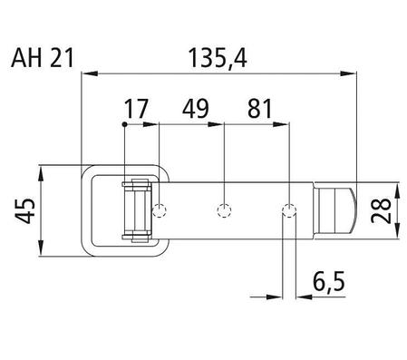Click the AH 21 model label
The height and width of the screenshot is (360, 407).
(x=43, y=58)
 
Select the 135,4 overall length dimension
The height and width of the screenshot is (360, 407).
(x=218, y=58)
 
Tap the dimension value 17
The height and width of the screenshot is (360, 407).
(x=136, y=109)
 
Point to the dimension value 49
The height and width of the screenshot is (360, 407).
(x=196, y=108)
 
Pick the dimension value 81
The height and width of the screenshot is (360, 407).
(x=260, y=108)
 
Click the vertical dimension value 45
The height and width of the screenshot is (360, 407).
(x=25, y=210)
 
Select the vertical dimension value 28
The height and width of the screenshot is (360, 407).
(x=382, y=210)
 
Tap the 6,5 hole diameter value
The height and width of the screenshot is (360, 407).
(x=329, y=281)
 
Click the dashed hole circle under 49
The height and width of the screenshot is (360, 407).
(x=224, y=210)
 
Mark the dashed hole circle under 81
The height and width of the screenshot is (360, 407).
(x=289, y=210)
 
